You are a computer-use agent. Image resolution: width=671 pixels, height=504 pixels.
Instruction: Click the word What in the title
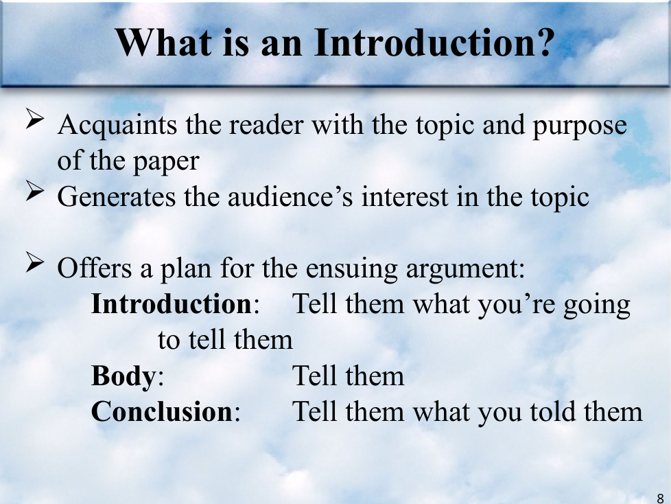coord(164,43)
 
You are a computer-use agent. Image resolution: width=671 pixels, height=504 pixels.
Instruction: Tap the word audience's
coord(290,197)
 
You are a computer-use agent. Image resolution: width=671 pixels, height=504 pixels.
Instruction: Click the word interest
coord(404,197)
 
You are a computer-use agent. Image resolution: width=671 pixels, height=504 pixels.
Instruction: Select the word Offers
coord(95,268)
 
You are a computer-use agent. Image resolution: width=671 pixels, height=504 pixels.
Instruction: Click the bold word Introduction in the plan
coord(172,304)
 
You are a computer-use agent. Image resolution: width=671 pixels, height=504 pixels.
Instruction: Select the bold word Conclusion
coord(162,411)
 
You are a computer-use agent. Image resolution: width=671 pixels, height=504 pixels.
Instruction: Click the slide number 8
coord(660,499)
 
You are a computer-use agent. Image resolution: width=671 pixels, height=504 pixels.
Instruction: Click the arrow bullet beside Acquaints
coord(35,119)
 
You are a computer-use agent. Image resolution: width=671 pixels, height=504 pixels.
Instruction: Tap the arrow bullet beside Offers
coord(35,262)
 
